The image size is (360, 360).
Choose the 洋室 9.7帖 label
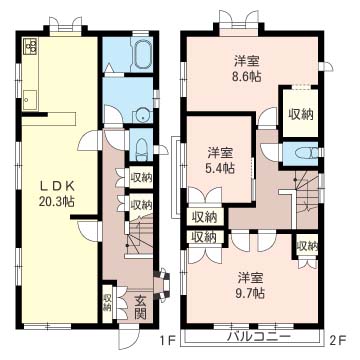251,286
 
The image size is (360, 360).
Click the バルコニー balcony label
259,338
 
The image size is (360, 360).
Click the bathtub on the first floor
143,54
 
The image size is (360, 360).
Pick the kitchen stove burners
31,46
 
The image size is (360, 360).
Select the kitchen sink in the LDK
30,99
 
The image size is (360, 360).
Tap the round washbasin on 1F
143,117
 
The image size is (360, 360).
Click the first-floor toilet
141,149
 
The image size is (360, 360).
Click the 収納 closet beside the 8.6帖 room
300,114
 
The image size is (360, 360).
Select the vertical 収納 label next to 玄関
107,303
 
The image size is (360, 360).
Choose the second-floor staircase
305,199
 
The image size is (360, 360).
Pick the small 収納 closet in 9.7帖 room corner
307,247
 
